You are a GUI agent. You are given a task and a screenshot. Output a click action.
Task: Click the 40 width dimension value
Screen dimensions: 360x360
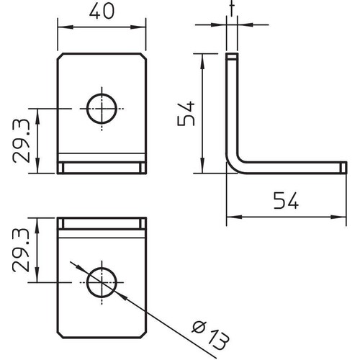point(102,11)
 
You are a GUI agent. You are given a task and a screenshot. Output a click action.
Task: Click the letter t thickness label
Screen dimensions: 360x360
point(232,9)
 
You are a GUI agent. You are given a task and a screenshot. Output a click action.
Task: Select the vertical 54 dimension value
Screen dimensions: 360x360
point(186,114)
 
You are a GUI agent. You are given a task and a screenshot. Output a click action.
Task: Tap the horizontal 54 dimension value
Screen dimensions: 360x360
point(286,200)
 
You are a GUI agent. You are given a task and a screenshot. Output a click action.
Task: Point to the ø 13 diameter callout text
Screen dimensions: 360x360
point(210,336)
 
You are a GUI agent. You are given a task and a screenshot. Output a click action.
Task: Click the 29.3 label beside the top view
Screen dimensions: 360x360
point(21,141)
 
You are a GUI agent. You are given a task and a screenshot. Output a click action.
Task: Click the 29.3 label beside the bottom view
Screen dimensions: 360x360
point(21,250)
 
